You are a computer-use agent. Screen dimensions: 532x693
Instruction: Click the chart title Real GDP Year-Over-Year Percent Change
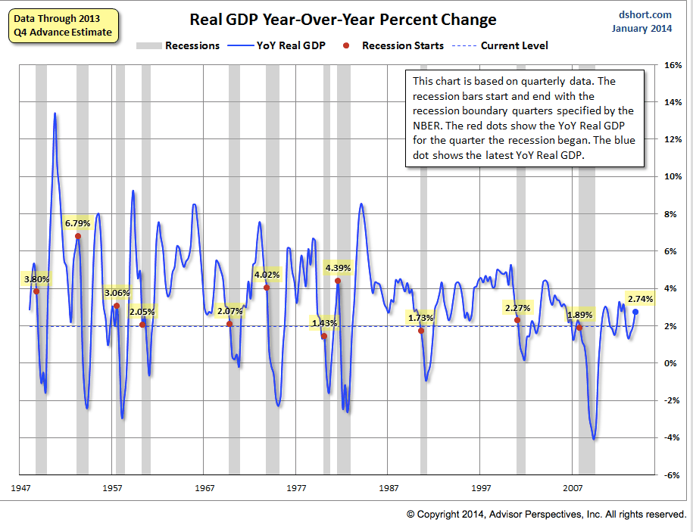pos(332,20)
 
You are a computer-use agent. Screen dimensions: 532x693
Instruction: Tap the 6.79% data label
pos(77,223)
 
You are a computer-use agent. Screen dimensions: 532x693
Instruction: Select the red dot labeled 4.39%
pos(338,281)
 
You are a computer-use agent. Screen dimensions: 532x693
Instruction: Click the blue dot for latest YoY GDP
pos(635,312)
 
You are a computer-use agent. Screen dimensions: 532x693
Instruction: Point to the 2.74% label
pos(640,299)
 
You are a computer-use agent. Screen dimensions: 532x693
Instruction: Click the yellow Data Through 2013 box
pos(62,25)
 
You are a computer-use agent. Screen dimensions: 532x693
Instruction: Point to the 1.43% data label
pos(324,324)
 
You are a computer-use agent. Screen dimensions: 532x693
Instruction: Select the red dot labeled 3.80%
pos(36,291)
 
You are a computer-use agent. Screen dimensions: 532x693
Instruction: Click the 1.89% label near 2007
pos(580,315)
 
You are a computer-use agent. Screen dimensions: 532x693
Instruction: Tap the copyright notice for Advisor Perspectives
pos(546,514)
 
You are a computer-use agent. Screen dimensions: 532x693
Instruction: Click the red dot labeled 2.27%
pos(517,320)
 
